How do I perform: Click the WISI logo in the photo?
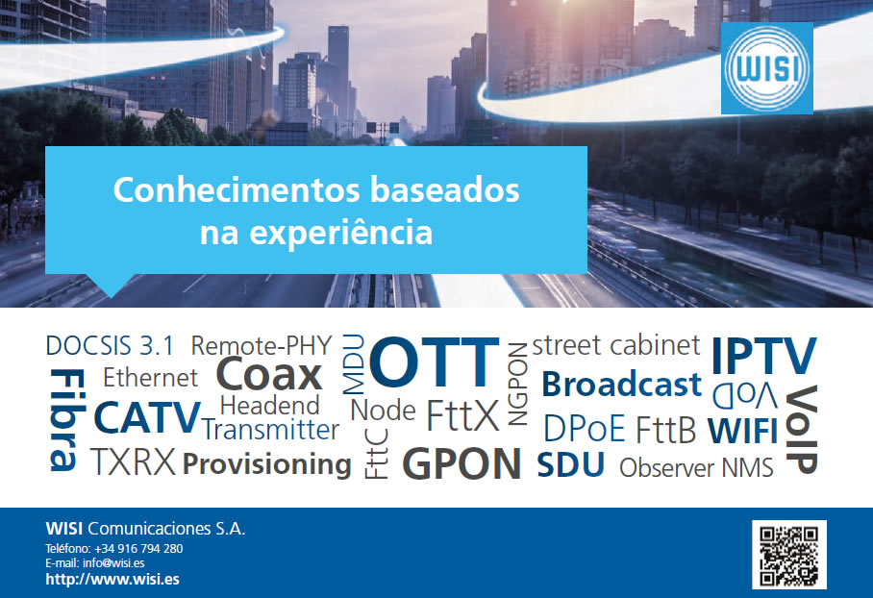(766, 68)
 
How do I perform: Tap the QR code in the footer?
(789, 555)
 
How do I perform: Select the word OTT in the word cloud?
(435, 361)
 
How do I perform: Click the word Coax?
(269, 374)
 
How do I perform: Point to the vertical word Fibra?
(67, 420)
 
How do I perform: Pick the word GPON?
(461, 463)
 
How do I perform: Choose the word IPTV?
(763, 355)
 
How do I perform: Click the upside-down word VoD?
(745, 395)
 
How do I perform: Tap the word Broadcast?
(621, 385)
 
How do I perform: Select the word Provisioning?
(267, 465)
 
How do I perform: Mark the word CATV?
(147, 417)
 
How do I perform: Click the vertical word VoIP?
(801, 430)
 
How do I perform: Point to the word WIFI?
(742, 431)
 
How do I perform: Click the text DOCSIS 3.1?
(110, 346)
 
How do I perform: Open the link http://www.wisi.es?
(112, 579)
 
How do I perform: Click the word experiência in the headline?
(340, 233)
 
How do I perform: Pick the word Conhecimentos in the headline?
(237, 189)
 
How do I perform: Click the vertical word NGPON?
(518, 385)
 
